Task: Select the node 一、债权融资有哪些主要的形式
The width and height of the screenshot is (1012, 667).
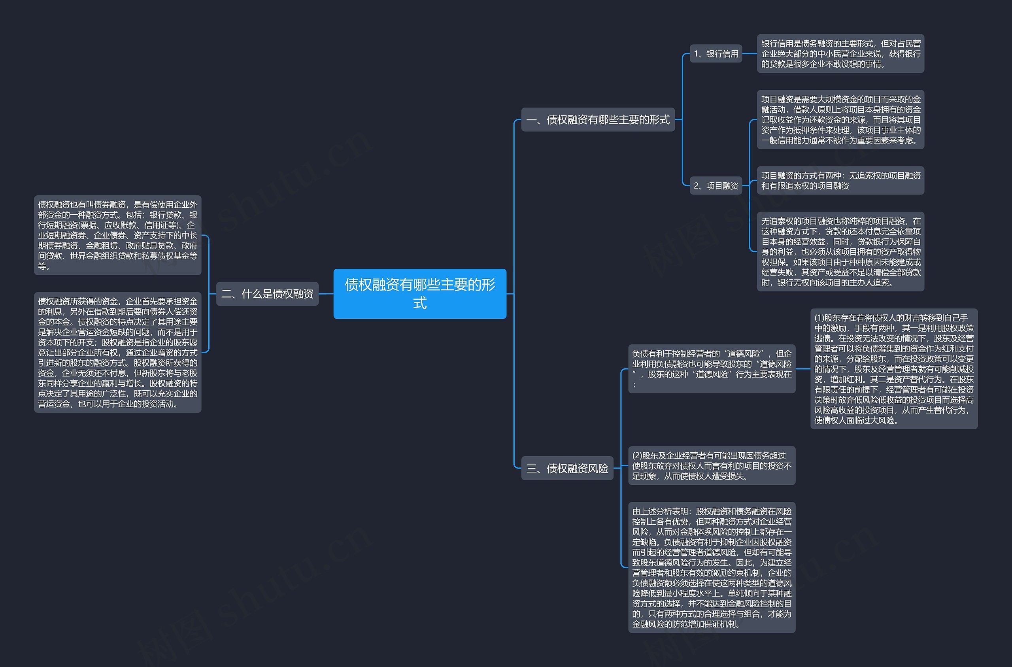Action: coord(598,120)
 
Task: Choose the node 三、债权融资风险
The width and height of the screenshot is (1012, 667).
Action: coord(567,469)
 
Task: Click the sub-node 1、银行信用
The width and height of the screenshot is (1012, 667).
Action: coord(716,54)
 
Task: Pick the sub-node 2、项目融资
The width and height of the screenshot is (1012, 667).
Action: coord(716,186)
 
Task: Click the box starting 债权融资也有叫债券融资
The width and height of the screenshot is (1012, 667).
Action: coord(117,235)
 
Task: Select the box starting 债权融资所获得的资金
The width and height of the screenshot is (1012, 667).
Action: coord(117,352)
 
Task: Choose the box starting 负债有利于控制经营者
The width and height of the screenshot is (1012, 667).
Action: coord(712,369)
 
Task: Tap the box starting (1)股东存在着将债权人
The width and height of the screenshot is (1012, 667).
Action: coord(893,369)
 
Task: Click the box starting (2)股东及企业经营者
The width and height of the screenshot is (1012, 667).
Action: coord(712,466)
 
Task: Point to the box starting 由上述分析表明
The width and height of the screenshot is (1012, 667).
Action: coord(712,567)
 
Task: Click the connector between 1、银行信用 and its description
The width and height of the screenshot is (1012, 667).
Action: coord(750,54)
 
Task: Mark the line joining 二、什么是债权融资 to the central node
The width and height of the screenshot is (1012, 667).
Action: coord(326,294)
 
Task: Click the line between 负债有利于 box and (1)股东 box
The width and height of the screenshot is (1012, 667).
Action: coord(803,369)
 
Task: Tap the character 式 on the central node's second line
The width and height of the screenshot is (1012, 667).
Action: coord(420,303)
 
